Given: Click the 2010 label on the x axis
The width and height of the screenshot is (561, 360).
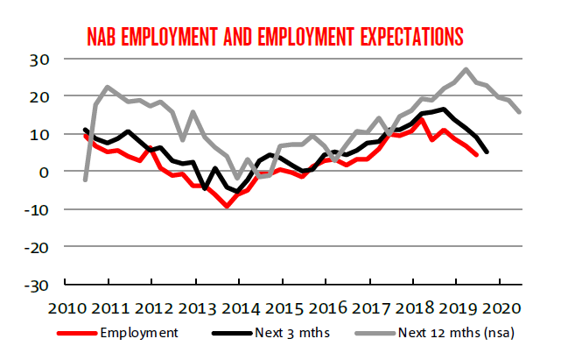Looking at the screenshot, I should pyautogui.click(x=66, y=308).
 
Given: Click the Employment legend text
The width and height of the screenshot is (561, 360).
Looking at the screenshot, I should pyautogui.click(x=138, y=332).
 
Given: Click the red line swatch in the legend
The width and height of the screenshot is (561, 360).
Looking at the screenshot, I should pyautogui.click(x=76, y=333).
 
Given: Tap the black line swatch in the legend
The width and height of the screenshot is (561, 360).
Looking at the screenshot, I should pyautogui.click(x=228, y=333).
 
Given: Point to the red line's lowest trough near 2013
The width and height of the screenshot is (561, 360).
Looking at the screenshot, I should pyautogui.click(x=228, y=206).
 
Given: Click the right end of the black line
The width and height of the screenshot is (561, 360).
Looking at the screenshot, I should pyautogui.click(x=487, y=152).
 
